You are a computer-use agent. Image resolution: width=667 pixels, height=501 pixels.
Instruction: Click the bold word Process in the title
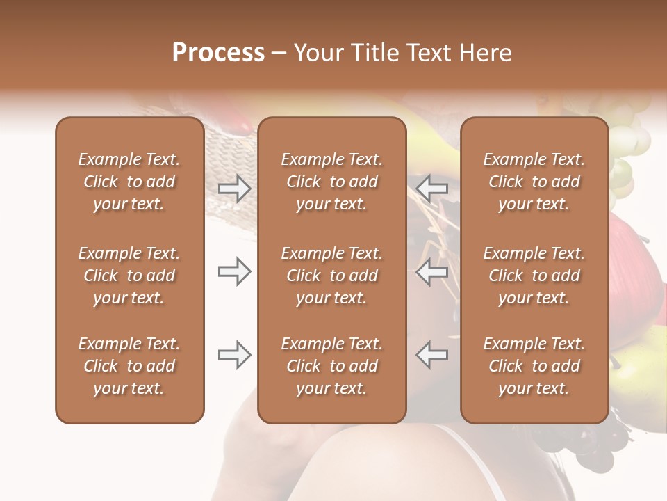[x=218, y=53]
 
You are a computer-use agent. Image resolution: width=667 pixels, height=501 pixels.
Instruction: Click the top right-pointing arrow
[x=234, y=189]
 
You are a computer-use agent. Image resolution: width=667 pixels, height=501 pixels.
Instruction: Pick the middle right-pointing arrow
[x=234, y=272]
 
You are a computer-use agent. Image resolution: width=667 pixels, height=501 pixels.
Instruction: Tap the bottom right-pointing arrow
[x=234, y=355]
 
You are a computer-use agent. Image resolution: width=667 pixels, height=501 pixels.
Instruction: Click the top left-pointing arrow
[x=431, y=189]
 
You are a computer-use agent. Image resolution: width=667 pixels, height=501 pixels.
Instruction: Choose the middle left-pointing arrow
[x=431, y=272]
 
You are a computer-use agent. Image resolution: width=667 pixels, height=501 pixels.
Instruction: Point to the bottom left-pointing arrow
[x=431, y=355]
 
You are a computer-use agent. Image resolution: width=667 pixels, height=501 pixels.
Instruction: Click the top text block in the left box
[x=129, y=182]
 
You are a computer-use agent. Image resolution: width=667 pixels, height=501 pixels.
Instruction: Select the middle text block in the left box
[x=129, y=276]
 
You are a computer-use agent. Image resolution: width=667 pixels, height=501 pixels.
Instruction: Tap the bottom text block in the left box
[x=129, y=366]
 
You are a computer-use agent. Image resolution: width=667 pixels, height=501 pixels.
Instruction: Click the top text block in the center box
[x=331, y=182]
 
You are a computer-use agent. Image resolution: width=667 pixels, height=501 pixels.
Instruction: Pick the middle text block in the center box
[x=331, y=276]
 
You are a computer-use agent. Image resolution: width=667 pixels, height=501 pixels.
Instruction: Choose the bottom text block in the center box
[x=331, y=366]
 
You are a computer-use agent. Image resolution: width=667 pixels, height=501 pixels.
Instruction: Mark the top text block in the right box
[x=534, y=182]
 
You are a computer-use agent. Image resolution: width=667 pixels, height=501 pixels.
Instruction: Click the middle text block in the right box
[x=534, y=276]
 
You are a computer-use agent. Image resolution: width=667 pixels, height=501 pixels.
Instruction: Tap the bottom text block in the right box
[x=534, y=366]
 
